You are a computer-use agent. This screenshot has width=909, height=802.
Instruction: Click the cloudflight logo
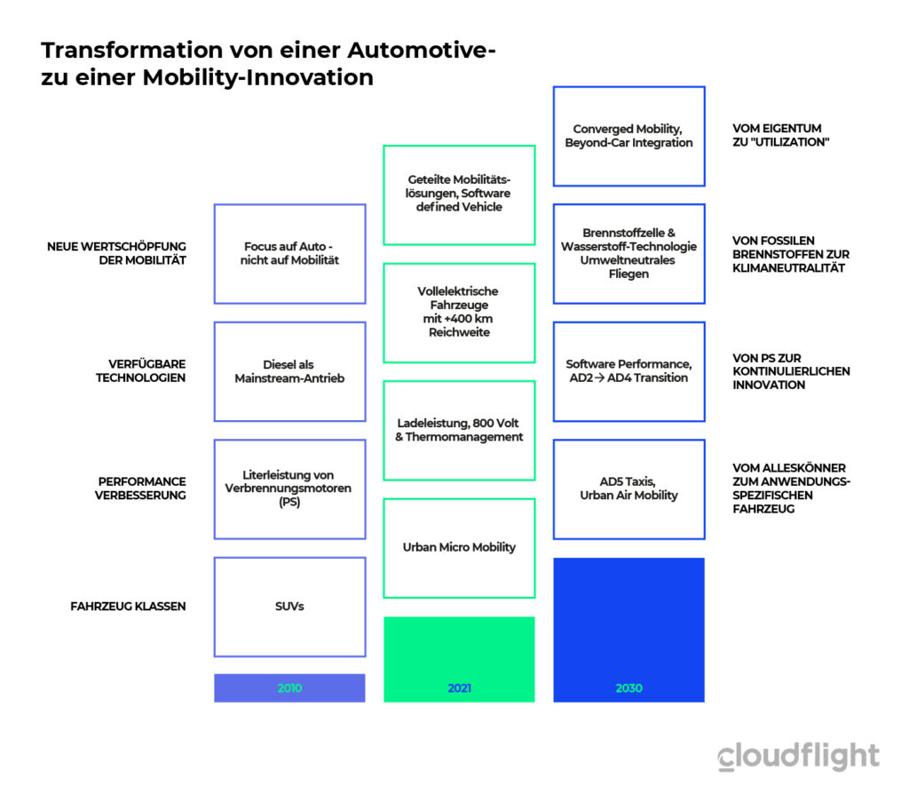point(798,756)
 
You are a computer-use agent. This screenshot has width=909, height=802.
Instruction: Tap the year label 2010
point(289,687)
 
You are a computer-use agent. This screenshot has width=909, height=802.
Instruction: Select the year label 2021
point(459,687)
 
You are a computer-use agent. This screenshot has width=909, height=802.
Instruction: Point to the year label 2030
point(629,687)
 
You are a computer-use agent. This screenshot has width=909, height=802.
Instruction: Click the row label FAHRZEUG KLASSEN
point(128,607)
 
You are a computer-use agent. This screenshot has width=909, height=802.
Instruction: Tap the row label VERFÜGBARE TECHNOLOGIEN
point(141,371)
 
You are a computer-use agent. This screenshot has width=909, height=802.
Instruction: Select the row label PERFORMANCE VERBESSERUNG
point(140,488)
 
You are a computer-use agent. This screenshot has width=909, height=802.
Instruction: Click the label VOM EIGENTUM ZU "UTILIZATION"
point(781,135)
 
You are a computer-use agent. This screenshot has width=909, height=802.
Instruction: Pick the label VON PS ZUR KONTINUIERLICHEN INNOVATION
point(791,371)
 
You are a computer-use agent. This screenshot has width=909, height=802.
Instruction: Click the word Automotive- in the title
point(422,50)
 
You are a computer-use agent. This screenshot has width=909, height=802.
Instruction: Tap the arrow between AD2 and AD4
point(600,378)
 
